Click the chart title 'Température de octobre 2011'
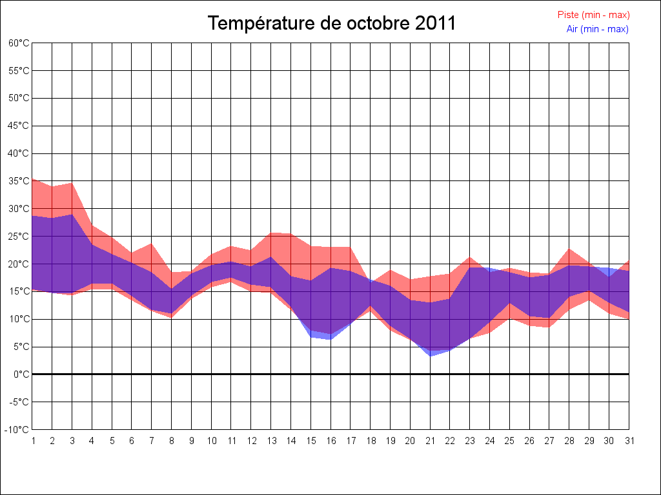pos(332,24)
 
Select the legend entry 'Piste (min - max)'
pos(593,15)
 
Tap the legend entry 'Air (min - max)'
pos(597,29)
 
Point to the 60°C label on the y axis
pos(19,43)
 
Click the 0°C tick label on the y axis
pos(22,374)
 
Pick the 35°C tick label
pos(19,181)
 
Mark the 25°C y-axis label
pos(19,237)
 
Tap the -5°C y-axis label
pos(19,402)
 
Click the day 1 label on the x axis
pos(33,441)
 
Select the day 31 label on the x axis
pos(629,441)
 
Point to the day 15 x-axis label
pos(310,441)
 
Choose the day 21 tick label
pos(430,441)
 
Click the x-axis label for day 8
pos(172,441)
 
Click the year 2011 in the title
pos(435,24)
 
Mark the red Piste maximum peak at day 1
pos(33,179)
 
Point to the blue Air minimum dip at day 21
pos(430,356)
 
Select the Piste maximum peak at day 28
pos(569,249)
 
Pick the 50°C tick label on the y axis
pos(19,98)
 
